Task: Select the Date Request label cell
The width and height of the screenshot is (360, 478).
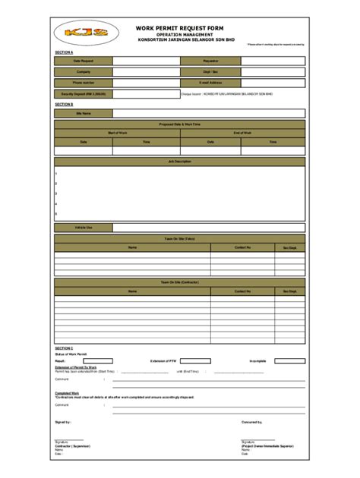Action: (x=84, y=60)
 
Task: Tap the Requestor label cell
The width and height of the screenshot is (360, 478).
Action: (x=210, y=60)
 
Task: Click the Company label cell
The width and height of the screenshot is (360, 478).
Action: (x=84, y=71)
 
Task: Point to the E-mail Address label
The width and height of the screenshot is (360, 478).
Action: (x=210, y=82)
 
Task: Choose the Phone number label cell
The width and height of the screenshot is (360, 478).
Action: (x=84, y=82)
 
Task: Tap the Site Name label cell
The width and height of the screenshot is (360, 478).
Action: (x=84, y=113)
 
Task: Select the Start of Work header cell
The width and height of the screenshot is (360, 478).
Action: (x=117, y=133)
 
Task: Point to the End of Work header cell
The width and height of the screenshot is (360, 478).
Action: (x=242, y=133)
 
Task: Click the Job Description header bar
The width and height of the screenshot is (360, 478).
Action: (x=179, y=162)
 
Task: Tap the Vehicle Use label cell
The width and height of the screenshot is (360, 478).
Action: (x=84, y=227)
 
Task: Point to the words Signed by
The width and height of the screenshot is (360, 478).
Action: (x=63, y=421)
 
